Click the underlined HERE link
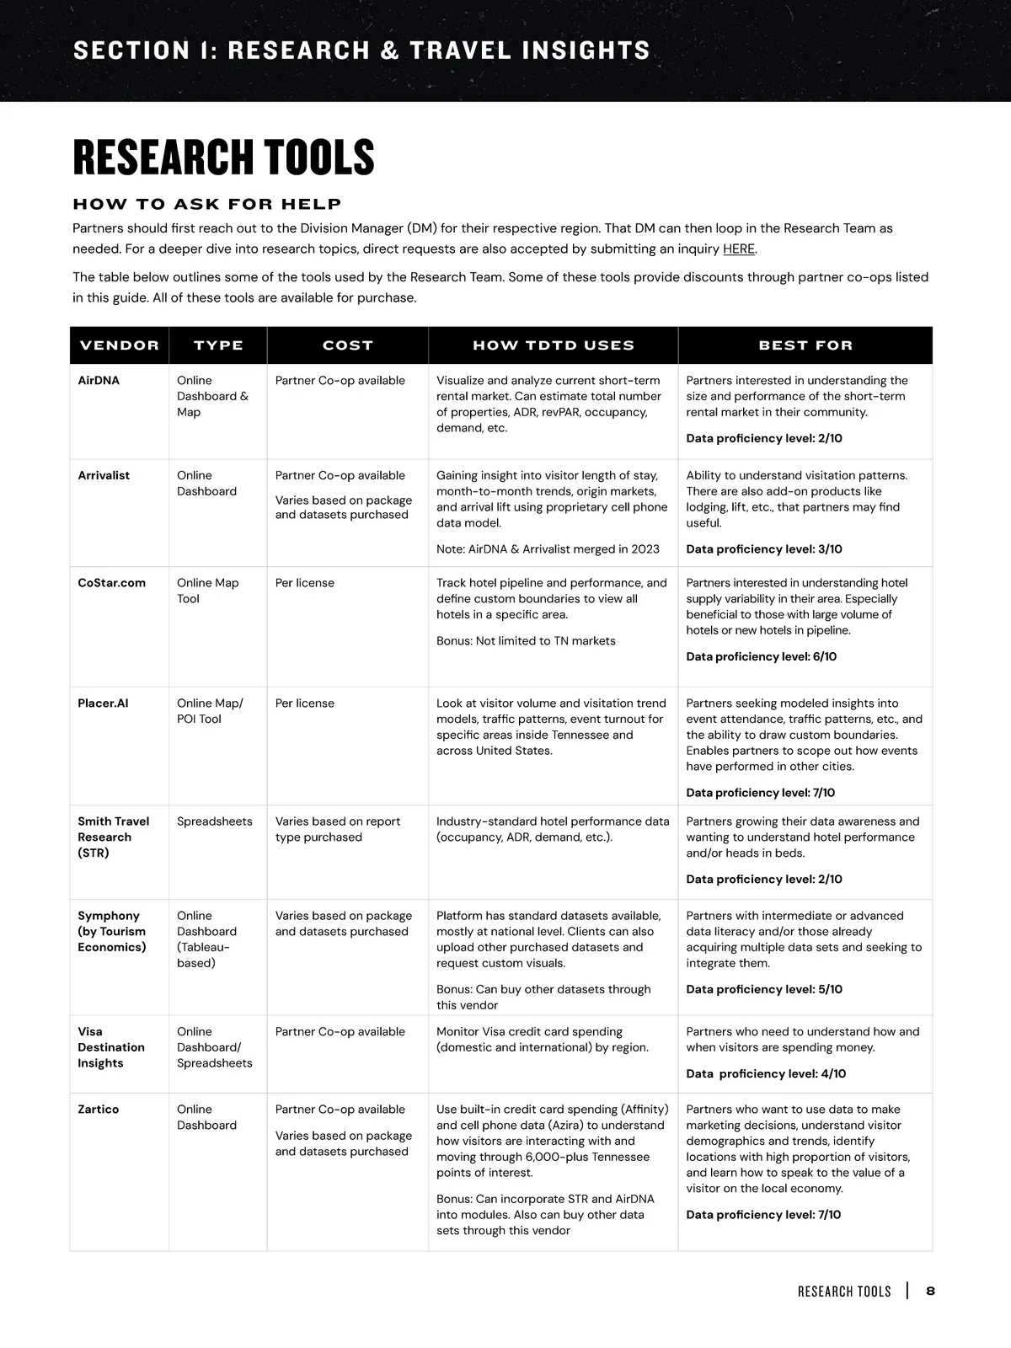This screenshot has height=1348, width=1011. (738, 249)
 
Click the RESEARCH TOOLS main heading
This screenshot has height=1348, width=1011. (223, 158)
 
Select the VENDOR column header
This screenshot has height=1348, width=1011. (119, 345)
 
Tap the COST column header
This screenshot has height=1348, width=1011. (347, 345)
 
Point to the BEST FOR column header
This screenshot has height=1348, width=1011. (805, 345)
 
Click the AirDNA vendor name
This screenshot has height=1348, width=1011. (99, 381)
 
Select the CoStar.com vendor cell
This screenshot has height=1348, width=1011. (111, 583)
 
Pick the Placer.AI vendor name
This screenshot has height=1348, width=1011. (103, 703)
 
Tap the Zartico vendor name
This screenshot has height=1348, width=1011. (99, 1110)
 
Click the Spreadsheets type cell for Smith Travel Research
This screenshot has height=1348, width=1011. (214, 821)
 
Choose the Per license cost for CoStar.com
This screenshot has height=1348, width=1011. (304, 583)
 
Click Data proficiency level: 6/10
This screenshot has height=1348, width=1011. (761, 656)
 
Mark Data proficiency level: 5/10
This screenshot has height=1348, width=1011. (764, 989)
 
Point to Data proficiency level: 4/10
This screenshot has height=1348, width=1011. (766, 1073)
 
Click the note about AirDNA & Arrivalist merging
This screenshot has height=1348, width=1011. (548, 549)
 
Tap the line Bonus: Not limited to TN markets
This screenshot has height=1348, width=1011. (526, 641)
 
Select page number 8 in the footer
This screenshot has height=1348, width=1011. (930, 1291)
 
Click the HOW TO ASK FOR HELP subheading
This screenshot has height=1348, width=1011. (207, 204)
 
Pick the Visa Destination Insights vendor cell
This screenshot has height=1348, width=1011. (111, 1047)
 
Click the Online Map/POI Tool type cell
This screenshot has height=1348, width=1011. (210, 711)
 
